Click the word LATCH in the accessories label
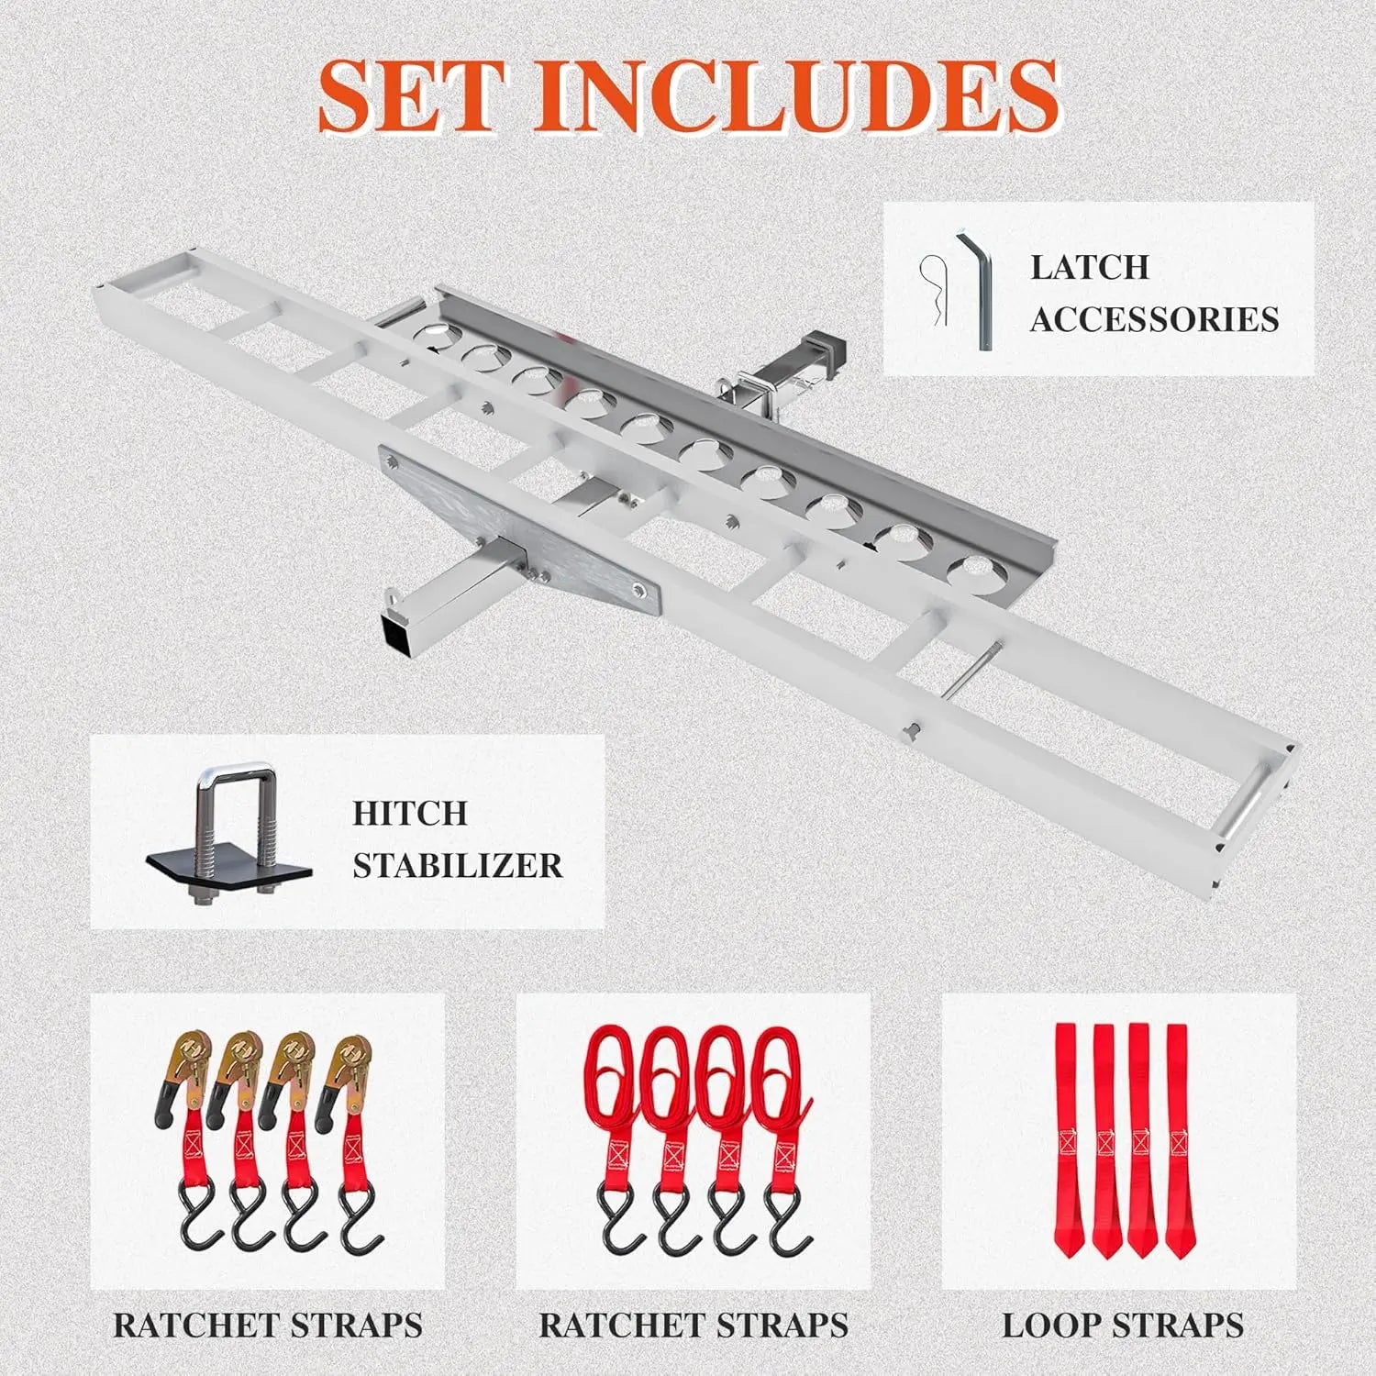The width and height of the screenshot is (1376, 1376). coord(1090,267)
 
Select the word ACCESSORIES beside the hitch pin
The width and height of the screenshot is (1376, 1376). coord(1154,319)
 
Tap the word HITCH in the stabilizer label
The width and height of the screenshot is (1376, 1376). coord(410,813)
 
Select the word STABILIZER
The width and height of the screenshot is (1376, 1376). coord(458,865)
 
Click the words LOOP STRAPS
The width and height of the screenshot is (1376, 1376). coord(1122,1325)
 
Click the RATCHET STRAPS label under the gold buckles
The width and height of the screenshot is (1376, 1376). coord(268,1325)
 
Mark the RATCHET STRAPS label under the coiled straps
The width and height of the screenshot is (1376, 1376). coord(694,1325)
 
